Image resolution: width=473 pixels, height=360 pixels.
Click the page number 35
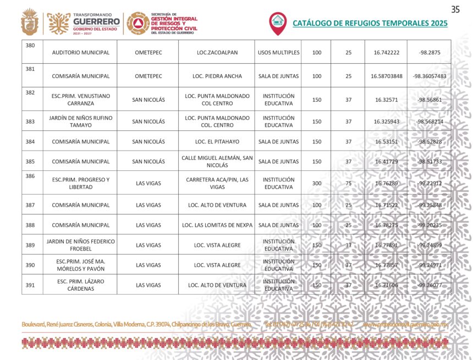click(x=455, y=9)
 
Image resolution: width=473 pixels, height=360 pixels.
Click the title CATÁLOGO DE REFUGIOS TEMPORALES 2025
click(x=370, y=24)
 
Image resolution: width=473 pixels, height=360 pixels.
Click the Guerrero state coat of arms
click(x=29, y=23)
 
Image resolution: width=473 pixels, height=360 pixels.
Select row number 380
click(x=30, y=46)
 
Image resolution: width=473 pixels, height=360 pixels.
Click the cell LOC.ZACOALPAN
click(x=217, y=53)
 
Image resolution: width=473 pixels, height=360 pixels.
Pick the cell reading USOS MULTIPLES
click(x=278, y=53)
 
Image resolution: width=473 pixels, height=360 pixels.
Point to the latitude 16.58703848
click(x=386, y=76)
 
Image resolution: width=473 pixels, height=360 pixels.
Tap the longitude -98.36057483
click(x=429, y=76)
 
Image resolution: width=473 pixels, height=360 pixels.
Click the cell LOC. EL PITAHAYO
click(x=217, y=142)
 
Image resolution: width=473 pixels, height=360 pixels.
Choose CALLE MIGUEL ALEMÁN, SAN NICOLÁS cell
click(x=217, y=162)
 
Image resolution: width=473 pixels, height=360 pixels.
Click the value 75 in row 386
click(x=348, y=184)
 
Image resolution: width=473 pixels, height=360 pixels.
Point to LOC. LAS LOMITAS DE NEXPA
click(x=217, y=225)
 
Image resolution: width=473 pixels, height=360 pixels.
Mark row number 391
click(x=30, y=285)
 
